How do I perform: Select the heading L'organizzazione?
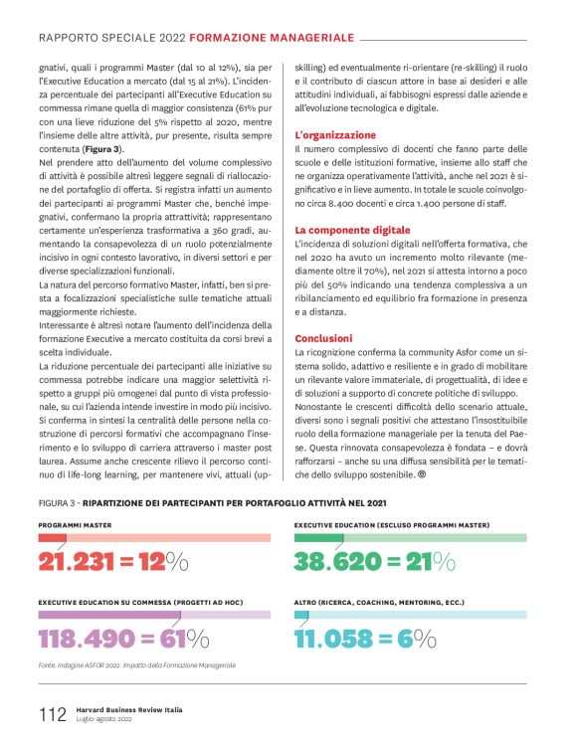pos(335,134)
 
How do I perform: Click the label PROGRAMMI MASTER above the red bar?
pos(76,524)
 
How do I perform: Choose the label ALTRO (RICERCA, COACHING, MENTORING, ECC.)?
pos(379,603)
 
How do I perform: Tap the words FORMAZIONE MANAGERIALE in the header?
pos(273,38)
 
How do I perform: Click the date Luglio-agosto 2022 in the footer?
pos(103,718)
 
